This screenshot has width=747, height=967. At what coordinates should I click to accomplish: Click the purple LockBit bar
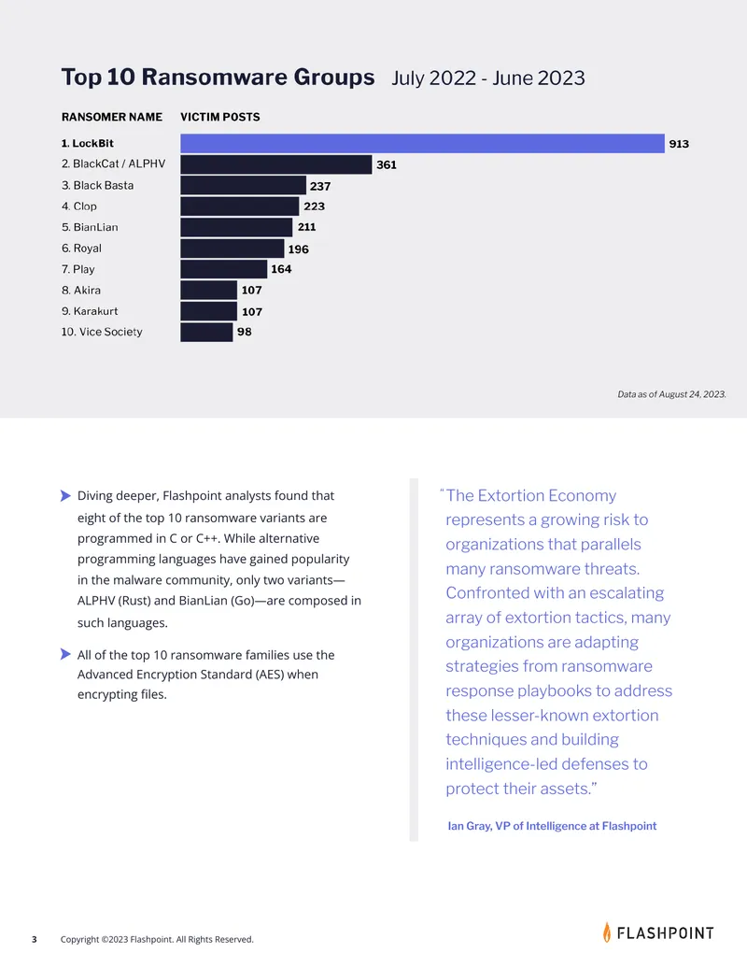pyautogui.click(x=422, y=143)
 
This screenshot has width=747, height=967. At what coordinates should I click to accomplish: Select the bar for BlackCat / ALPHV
pyautogui.click(x=276, y=164)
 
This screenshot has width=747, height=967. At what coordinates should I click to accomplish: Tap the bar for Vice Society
pyautogui.click(x=206, y=332)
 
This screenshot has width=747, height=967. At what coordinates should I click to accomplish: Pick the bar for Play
pyautogui.click(x=224, y=269)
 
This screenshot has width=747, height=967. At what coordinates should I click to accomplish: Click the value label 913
pyautogui.click(x=679, y=144)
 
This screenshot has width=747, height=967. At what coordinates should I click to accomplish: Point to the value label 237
pyautogui.click(x=320, y=186)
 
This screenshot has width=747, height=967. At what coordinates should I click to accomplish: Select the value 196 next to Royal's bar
pyautogui.click(x=298, y=249)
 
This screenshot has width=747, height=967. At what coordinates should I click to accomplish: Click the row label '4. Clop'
pyautogui.click(x=78, y=206)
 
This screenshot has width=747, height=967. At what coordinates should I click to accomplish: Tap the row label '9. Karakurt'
pyautogui.click(x=90, y=311)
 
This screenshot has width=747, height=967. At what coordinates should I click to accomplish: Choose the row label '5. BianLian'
pyautogui.click(x=90, y=227)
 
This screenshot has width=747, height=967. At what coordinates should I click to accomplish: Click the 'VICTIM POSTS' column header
pyautogui.click(x=220, y=117)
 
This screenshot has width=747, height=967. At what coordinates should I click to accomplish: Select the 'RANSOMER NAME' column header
pyautogui.click(x=111, y=117)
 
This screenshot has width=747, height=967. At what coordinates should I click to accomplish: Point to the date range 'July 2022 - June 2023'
pyautogui.click(x=488, y=78)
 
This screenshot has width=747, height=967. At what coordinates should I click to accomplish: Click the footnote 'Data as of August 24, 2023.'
pyautogui.click(x=671, y=394)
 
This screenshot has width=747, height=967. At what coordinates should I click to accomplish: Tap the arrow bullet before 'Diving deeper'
pyautogui.click(x=65, y=496)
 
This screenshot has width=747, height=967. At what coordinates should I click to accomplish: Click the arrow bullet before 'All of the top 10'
pyautogui.click(x=65, y=654)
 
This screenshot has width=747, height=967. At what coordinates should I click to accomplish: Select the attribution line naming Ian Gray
pyautogui.click(x=552, y=826)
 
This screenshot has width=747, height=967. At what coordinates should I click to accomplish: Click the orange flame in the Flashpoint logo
pyautogui.click(x=607, y=931)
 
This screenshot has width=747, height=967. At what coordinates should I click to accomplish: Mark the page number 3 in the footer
pyautogui.click(x=35, y=939)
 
